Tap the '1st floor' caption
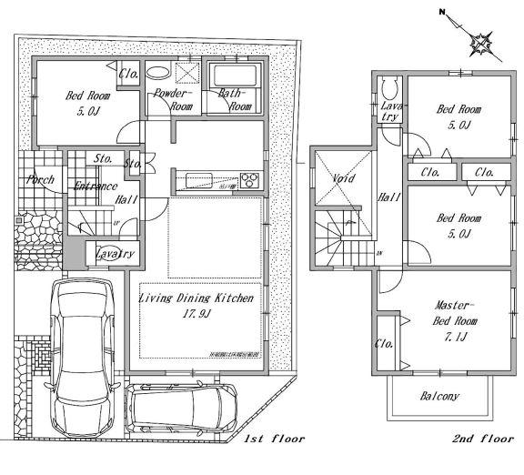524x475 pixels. point(274,439)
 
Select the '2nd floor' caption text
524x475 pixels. point(482,439)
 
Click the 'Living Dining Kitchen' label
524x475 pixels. point(196,298)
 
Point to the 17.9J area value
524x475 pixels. point(196,314)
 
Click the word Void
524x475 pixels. point(342,178)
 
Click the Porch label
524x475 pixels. point(39,179)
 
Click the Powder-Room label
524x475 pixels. point(171,99)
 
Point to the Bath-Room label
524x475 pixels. point(235,99)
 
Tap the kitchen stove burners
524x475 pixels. point(249,177)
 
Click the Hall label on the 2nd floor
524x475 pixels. point(389,197)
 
